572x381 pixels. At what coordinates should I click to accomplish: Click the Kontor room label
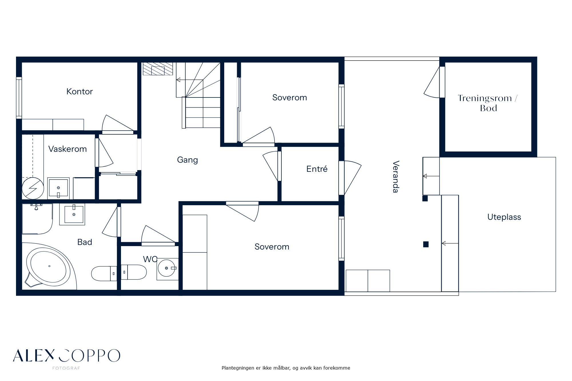coord(80,91)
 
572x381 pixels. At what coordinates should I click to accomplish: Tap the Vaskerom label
coord(67,149)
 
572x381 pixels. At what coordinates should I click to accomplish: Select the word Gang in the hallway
coord(187,160)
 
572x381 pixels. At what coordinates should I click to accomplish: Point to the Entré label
coord(317,169)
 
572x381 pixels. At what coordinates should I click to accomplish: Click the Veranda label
coord(396,177)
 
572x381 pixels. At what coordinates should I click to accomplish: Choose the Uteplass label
coord(504,217)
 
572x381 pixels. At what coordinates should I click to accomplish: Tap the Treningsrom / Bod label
coord(488,103)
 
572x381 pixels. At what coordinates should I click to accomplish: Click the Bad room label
coord(85,242)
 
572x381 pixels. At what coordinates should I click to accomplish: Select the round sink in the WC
coord(167,268)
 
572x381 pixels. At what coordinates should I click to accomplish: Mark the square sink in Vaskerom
coord(58,188)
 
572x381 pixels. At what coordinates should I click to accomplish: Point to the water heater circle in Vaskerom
coord(33,188)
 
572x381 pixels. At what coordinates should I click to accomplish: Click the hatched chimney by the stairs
coord(158,69)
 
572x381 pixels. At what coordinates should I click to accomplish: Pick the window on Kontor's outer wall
coord(19,98)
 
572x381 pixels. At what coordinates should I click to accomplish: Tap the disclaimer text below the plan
coord(286,368)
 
